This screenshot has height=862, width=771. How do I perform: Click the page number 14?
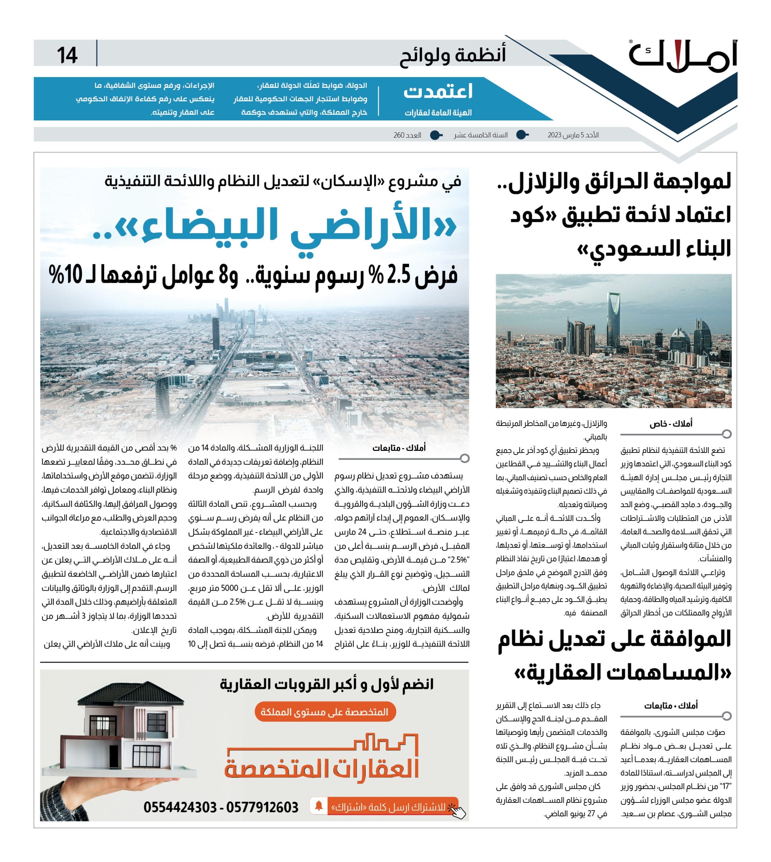[67, 55]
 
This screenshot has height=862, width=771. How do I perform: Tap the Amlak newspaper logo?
[683, 55]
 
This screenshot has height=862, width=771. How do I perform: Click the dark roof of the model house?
[131, 698]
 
